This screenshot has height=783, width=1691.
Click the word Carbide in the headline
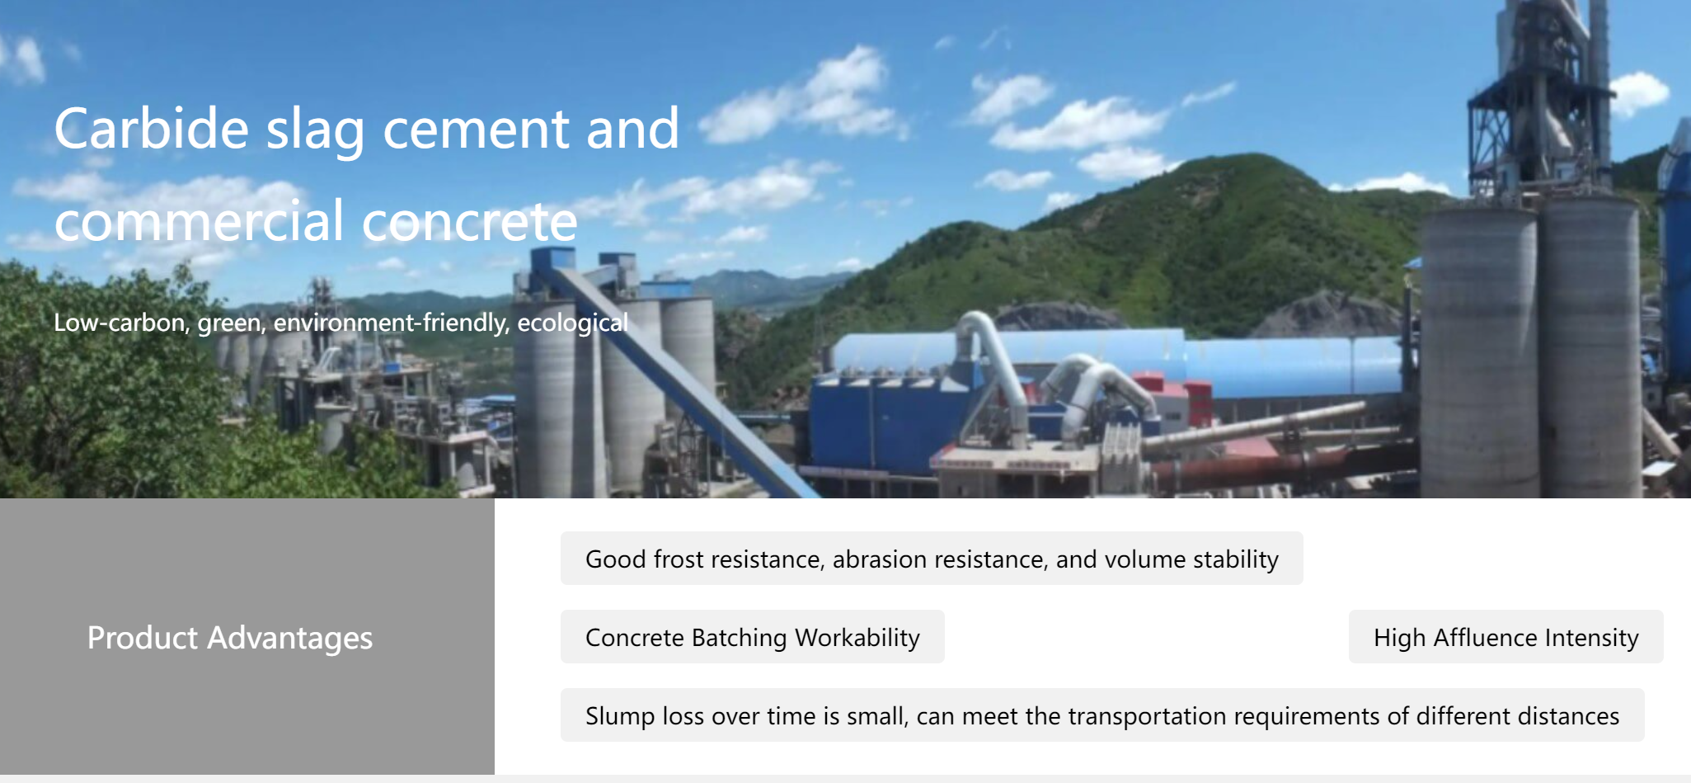click(x=152, y=129)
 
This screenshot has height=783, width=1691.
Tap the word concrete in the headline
click(x=470, y=222)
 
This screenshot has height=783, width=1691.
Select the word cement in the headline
click(x=476, y=130)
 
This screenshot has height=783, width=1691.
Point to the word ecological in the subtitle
click(x=572, y=322)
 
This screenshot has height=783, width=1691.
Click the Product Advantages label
click(x=230, y=638)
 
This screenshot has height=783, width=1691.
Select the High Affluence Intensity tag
click(x=1505, y=637)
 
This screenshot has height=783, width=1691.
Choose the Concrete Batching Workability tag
click(x=753, y=637)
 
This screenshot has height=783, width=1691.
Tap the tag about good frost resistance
click(x=932, y=559)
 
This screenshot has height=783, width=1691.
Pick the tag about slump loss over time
click(x=1102, y=715)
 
